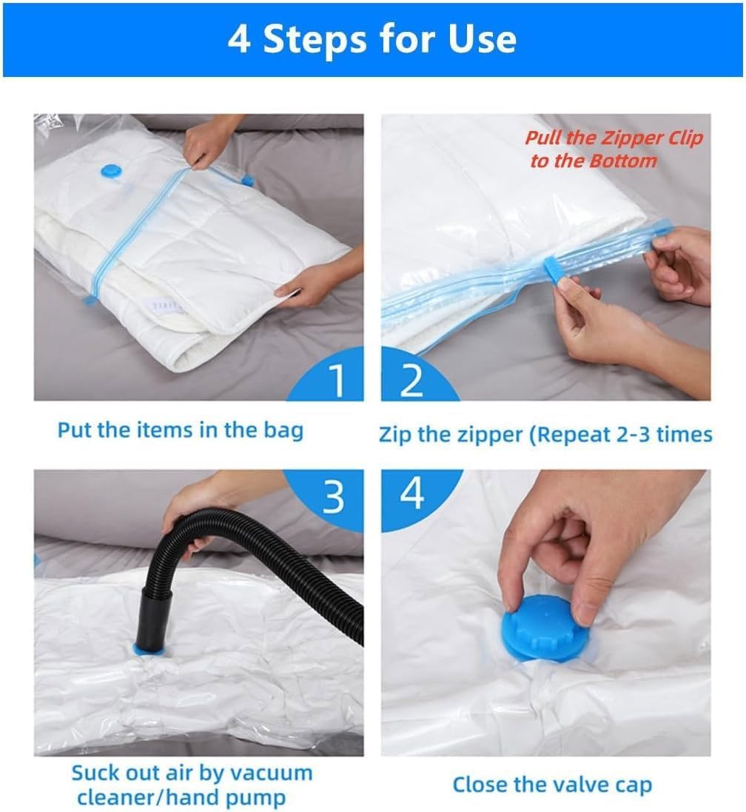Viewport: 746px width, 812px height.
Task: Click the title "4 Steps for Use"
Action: (x=372, y=38)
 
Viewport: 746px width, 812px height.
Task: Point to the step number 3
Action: (x=334, y=497)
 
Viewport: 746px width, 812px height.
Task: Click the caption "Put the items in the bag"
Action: (x=181, y=430)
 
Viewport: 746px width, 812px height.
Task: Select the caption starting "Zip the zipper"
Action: (x=545, y=434)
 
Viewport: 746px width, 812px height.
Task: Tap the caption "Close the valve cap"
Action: (x=552, y=785)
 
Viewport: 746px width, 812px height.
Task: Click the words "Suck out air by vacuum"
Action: (x=192, y=773)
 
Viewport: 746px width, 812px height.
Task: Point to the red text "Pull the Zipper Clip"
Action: (x=614, y=138)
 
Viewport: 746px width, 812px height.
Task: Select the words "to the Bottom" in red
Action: (x=594, y=161)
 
